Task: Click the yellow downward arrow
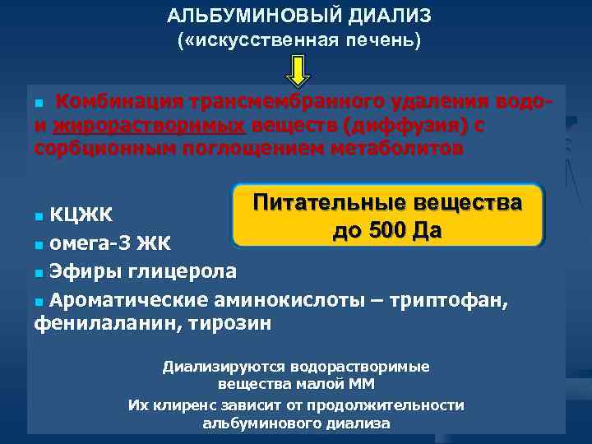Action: (x=297, y=70)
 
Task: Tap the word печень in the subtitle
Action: (x=377, y=41)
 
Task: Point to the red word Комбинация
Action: (x=120, y=102)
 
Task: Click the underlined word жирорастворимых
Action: (x=147, y=126)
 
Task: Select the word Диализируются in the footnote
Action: (x=215, y=368)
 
